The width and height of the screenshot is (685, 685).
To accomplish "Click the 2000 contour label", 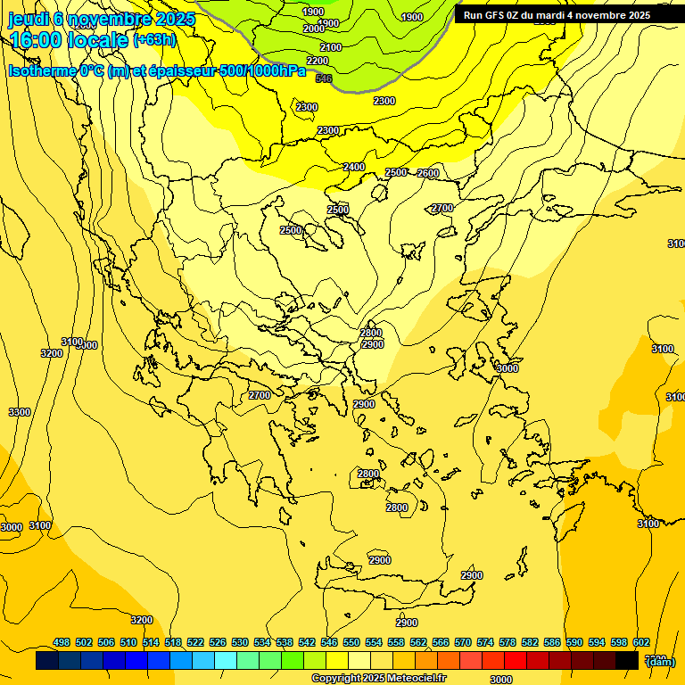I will click(313, 29).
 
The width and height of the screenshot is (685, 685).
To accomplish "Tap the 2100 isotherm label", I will click(330, 47).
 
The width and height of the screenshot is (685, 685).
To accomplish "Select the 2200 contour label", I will click(318, 62).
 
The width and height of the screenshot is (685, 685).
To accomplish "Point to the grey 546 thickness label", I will click(324, 79).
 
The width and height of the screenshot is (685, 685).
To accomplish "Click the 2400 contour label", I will click(354, 167).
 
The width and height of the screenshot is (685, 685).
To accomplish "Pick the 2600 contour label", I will click(428, 173).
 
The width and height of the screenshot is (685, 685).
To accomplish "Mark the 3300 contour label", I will click(20, 413).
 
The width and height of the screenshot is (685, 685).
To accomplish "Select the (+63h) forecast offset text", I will click(154, 40).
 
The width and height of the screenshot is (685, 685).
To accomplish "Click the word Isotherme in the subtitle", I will click(41, 71).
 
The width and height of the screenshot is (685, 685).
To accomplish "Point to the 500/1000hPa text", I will click(262, 71).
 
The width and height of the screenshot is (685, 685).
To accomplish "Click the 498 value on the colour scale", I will click(62, 642).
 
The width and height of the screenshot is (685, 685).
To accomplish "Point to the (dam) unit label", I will click(660, 661).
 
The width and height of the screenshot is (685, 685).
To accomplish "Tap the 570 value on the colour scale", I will click(463, 642).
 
